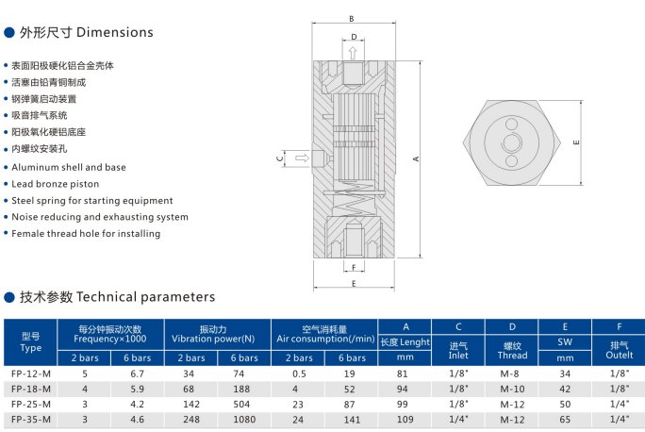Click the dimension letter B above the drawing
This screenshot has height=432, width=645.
pyautogui.click(x=352, y=19)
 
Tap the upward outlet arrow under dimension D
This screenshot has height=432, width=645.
pyautogui.click(x=353, y=53)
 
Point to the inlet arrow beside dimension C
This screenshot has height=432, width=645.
pyautogui.click(x=302, y=158)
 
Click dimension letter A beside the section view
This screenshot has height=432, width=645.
pyautogui.click(x=416, y=158)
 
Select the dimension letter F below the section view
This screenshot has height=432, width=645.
pyautogui.click(x=354, y=268)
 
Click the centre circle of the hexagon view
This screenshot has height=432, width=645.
pyautogui.click(x=512, y=142)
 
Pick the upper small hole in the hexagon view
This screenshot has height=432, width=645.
pyautogui.click(x=512, y=125)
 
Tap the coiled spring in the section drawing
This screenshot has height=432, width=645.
pyautogui.click(x=353, y=200)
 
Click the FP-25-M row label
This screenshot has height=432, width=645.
pyautogui.click(x=31, y=405)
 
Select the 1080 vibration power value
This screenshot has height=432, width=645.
pyautogui.click(x=244, y=420)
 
